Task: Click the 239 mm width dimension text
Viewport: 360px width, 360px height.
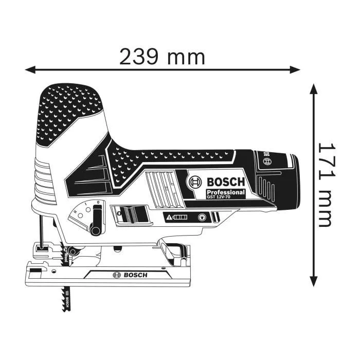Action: click(x=162, y=56)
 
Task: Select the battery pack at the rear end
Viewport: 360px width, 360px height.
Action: click(x=275, y=180)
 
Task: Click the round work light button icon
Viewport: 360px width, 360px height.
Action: click(x=202, y=218)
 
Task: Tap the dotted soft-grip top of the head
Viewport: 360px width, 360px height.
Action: click(x=70, y=103)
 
